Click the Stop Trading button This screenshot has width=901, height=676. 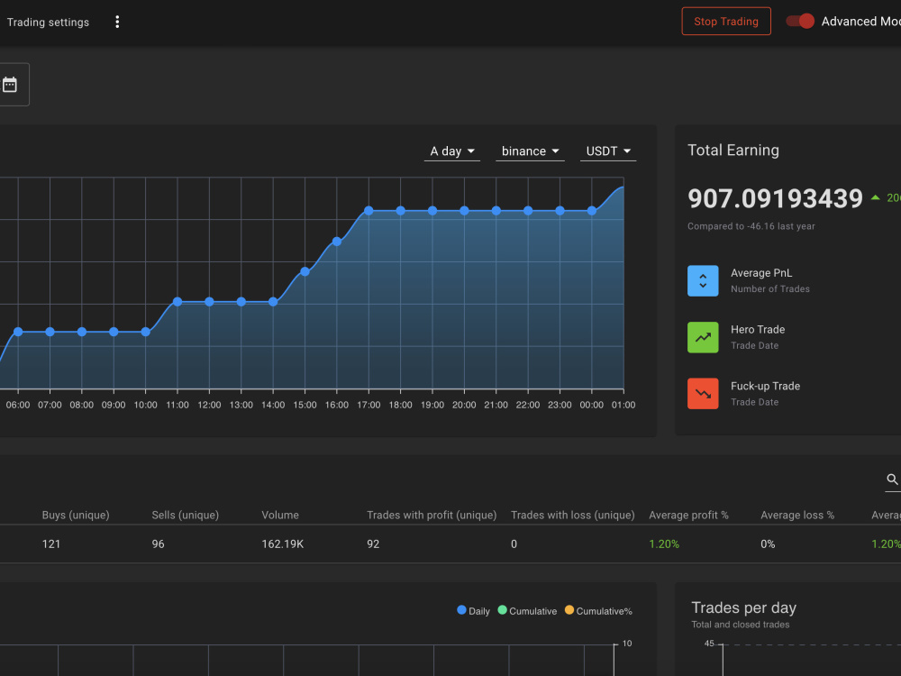(x=726, y=22)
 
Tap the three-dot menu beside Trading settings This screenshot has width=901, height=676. (x=117, y=22)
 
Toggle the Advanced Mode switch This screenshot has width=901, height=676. (x=800, y=22)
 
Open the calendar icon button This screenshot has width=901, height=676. (x=10, y=85)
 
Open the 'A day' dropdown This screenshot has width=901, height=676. (x=452, y=151)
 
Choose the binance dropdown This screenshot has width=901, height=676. (x=530, y=151)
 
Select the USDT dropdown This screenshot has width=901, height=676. (x=608, y=151)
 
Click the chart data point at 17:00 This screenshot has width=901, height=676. (x=369, y=211)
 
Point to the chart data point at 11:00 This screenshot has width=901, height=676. (x=177, y=302)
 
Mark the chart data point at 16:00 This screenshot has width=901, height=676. (x=337, y=242)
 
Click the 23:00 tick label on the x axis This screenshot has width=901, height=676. (x=560, y=405)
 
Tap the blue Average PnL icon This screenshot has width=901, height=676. (x=703, y=280)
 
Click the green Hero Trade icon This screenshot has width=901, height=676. (x=703, y=337)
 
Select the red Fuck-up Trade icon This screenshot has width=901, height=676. (x=703, y=394)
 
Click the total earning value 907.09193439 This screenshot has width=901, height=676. (x=775, y=199)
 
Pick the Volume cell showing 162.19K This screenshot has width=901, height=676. (x=283, y=544)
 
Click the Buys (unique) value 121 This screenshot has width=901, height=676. (x=51, y=544)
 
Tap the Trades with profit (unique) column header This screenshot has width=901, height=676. (x=432, y=515)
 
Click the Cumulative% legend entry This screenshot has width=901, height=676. (x=598, y=611)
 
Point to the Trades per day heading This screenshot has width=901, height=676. (x=743, y=607)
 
